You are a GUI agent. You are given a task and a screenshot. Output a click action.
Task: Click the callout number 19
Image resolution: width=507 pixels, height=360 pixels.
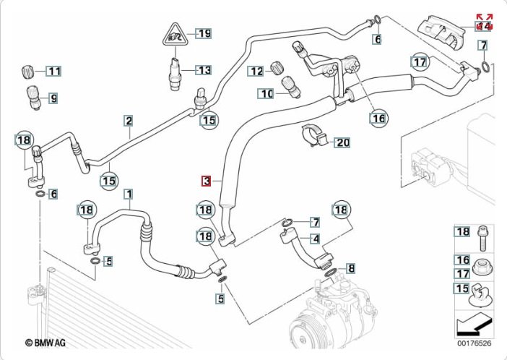[204, 33]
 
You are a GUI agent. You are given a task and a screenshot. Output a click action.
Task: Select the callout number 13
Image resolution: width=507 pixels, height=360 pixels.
[204, 70]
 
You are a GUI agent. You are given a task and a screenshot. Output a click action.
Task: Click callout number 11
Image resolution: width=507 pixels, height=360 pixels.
[54, 71]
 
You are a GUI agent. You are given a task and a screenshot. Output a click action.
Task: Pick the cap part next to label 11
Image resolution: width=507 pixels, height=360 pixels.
[28, 72]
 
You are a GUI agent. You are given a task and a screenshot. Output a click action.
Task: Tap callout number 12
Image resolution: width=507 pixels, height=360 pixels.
[256, 70]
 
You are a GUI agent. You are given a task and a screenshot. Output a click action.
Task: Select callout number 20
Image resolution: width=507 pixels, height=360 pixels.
[342, 142]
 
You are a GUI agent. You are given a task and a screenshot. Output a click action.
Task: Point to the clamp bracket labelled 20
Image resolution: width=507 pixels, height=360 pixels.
[311, 135]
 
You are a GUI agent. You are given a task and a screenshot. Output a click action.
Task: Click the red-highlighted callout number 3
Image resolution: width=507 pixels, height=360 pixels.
[207, 181]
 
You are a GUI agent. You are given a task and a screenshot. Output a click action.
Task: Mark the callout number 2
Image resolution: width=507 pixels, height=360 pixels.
[128, 121]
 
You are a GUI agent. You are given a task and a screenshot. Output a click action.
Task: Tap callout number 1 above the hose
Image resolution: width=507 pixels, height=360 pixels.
[129, 194]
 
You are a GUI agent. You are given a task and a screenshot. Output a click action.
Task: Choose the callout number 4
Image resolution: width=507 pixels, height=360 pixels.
[316, 239]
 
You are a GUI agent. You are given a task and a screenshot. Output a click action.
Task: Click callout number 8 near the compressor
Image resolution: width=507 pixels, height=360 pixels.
[352, 269]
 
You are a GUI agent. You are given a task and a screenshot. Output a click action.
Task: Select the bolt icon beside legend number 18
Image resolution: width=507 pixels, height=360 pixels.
[482, 232]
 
